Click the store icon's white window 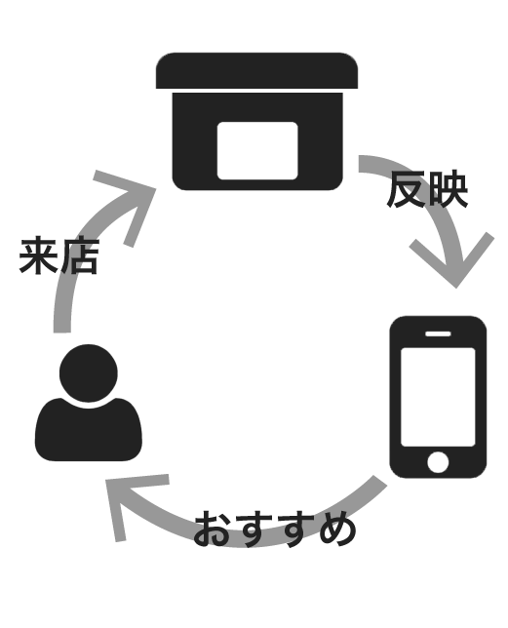pyautogui.click(x=257, y=150)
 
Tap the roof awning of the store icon pyautogui.click(x=256, y=70)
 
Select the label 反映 pyautogui.click(x=427, y=189)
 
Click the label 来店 pyautogui.click(x=59, y=255)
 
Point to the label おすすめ pyautogui.click(x=275, y=529)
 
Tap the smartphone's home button pyautogui.click(x=438, y=462)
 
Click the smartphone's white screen pyautogui.click(x=438, y=397)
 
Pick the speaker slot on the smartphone pyautogui.click(x=438, y=334)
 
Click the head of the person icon pyautogui.click(x=89, y=373)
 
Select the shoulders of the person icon pyautogui.click(x=89, y=431)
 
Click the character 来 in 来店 pyautogui.click(x=38, y=255)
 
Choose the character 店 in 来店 pyautogui.click(x=79, y=256)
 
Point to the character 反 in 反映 pyautogui.click(x=407, y=189)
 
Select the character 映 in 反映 pyautogui.click(x=448, y=189)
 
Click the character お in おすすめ pyautogui.click(x=213, y=529)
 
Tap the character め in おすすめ pyautogui.click(x=337, y=529)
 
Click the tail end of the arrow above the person pyautogui.click(x=62, y=332)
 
